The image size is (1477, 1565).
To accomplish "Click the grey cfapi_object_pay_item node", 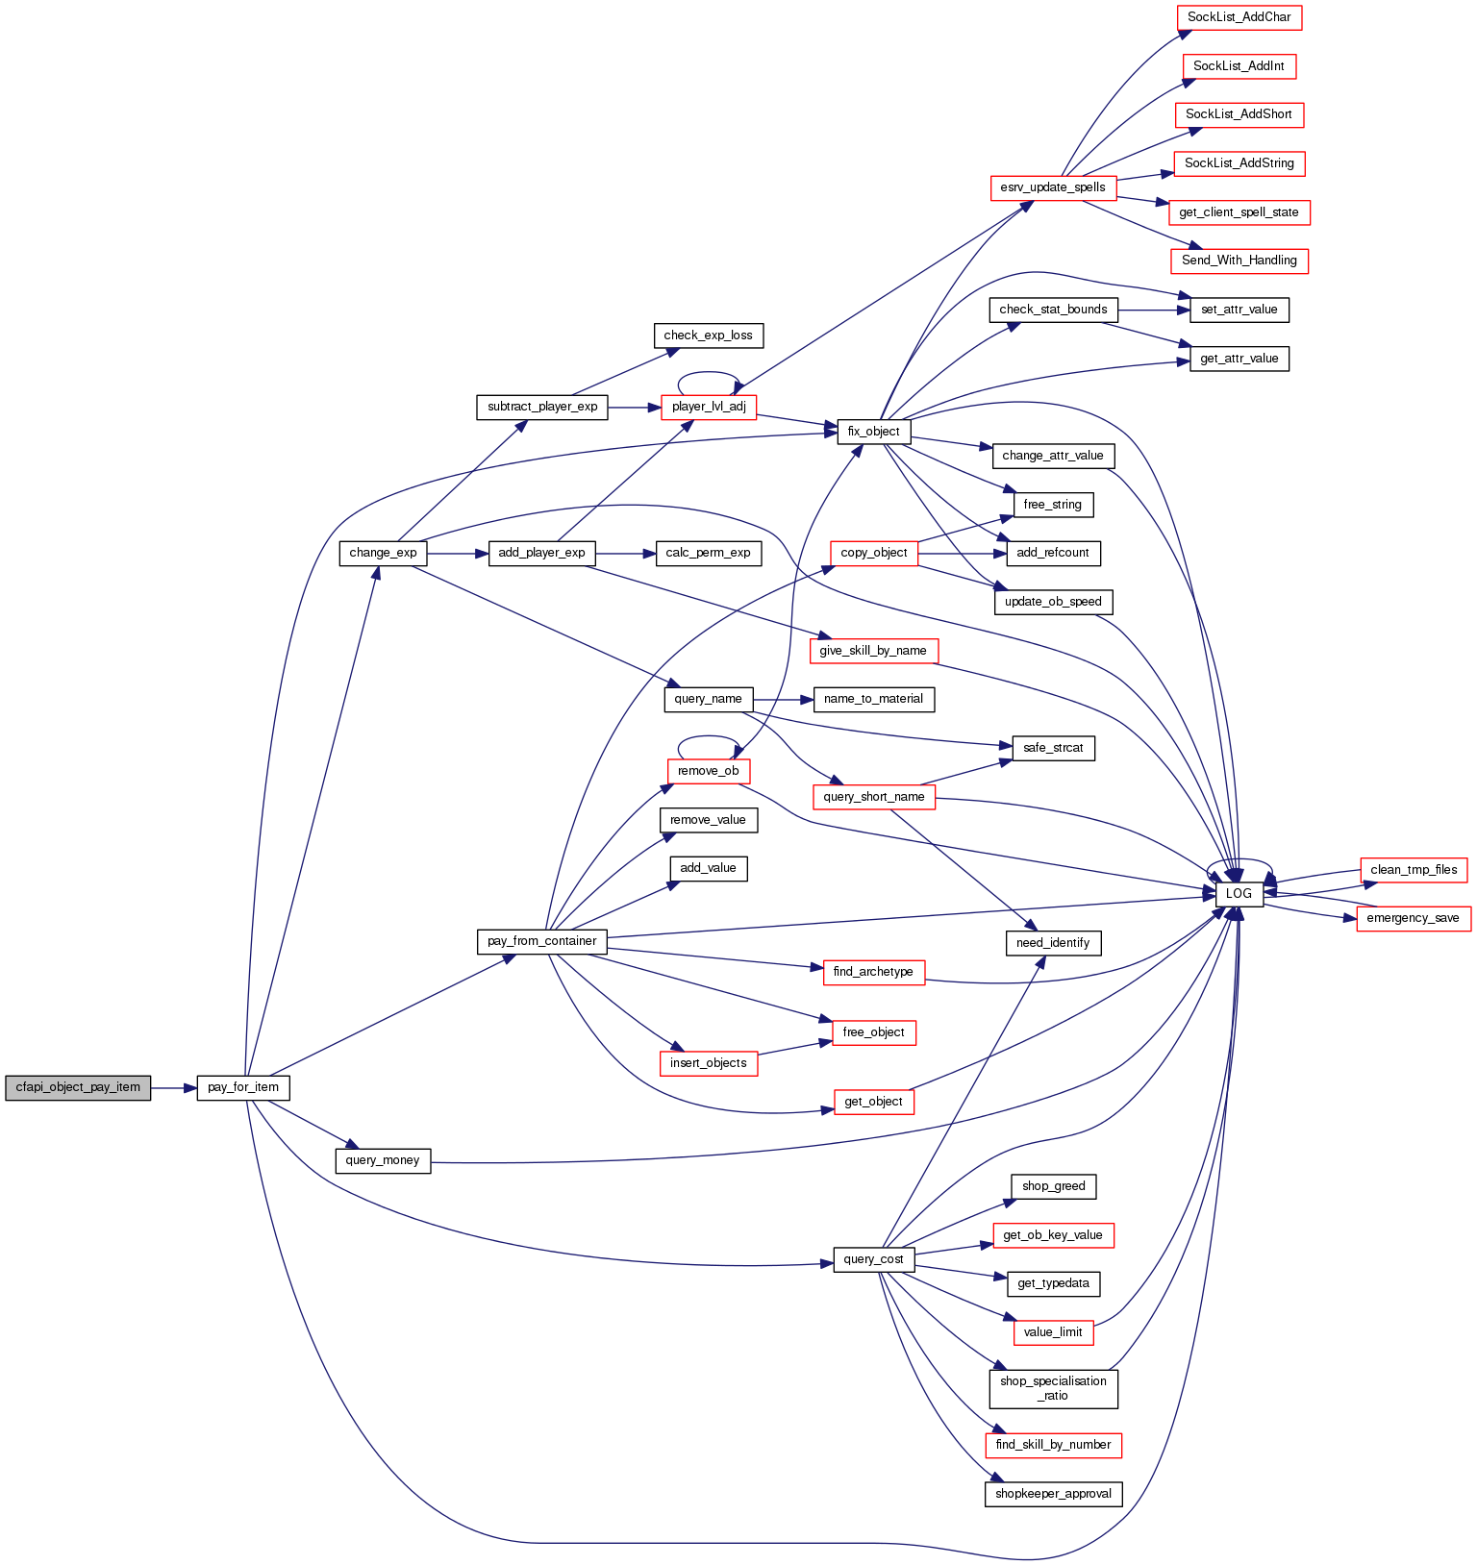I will coord(78,1087).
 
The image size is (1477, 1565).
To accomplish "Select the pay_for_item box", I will coord(243,1087).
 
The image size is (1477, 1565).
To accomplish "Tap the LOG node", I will coord(1239,893).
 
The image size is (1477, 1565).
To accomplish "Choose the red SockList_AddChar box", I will coord(1239,17).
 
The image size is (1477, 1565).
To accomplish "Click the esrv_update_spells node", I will coord(1053,187).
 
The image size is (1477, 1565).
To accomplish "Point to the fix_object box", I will coord(873,432).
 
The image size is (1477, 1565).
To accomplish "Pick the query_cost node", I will coord(873,1259).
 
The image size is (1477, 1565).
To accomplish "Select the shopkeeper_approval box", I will coord(1053,1494).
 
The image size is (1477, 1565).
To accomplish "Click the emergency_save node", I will coord(1413,918).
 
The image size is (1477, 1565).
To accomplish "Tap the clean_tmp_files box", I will coord(1414,870).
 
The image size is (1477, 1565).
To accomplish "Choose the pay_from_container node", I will coord(541,941).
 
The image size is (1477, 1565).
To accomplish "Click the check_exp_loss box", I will coord(708,335).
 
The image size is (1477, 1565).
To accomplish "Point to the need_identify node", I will coord(1053,943).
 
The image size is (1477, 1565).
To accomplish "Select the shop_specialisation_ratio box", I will coord(1053,1388).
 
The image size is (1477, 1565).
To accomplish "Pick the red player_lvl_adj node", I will coord(709,407).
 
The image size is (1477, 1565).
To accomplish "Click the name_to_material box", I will coord(873,699).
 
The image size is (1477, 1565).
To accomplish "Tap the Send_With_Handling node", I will coord(1239,261).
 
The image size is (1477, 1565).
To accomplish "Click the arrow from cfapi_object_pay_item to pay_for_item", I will coord(173,1087).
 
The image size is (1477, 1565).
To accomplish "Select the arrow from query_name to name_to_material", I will coord(783,699).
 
